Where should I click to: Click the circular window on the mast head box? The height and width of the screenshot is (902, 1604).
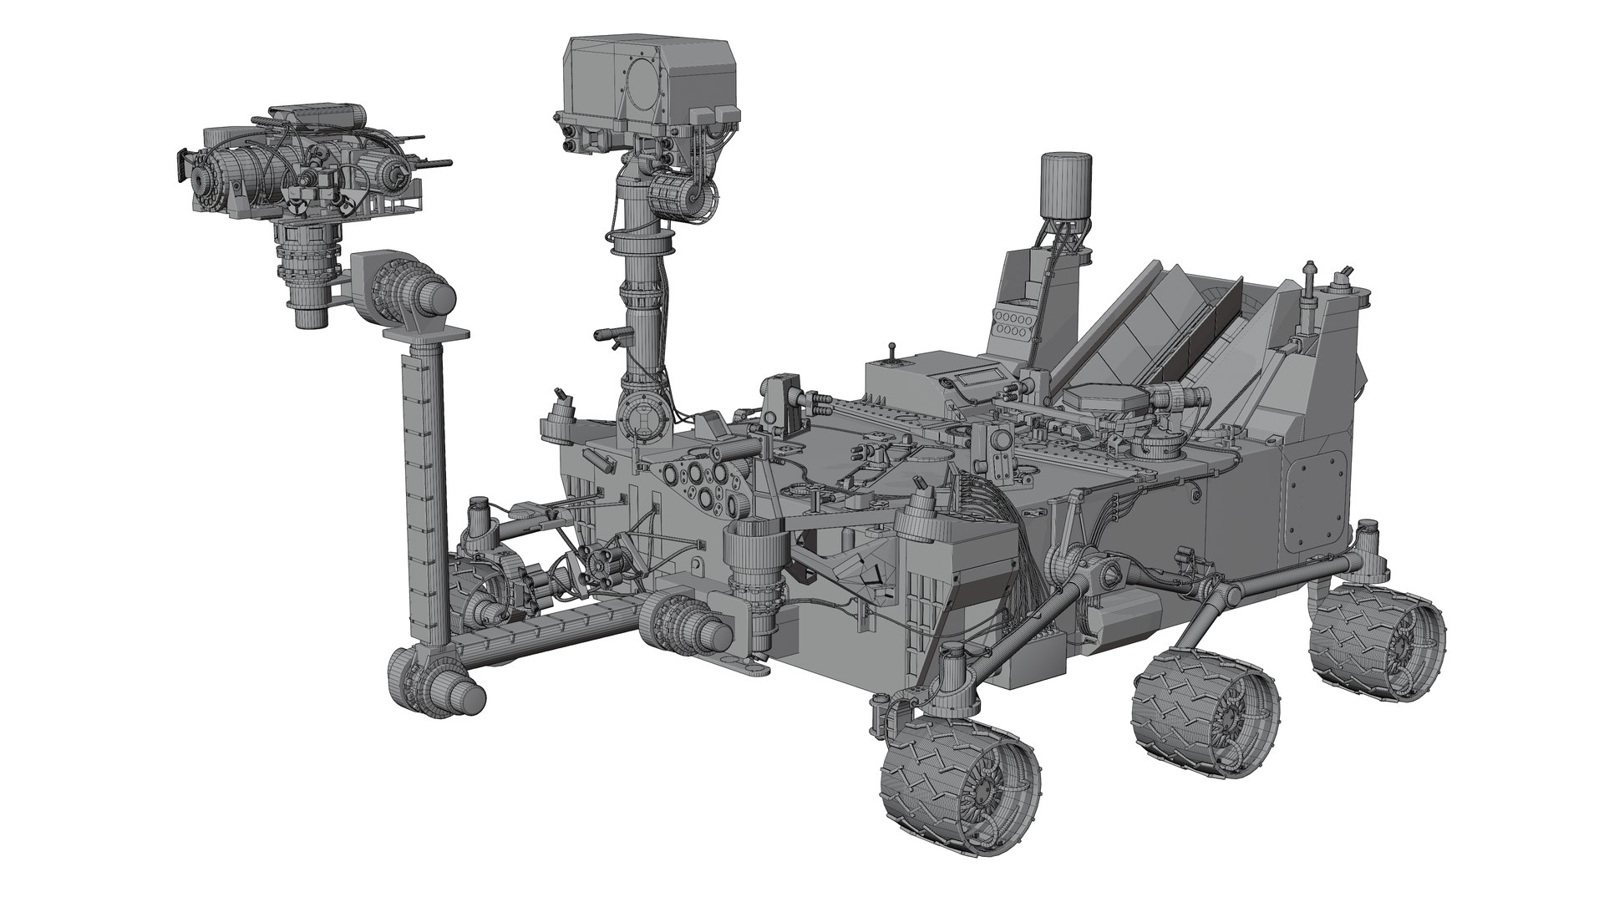(x=644, y=84)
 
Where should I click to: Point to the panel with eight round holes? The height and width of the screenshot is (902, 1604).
(x=1011, y=324)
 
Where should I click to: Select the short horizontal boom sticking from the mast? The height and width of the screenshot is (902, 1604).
(x=610, y=334)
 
